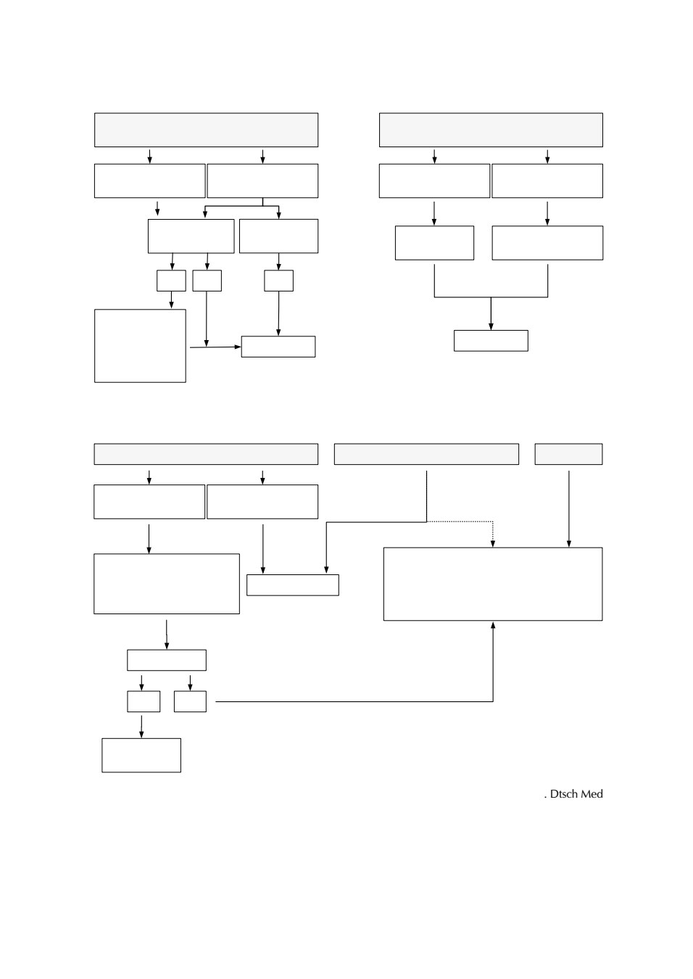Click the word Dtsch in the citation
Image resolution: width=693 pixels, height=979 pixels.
pos(563,794)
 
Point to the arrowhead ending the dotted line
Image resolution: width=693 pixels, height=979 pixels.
pos(493,543)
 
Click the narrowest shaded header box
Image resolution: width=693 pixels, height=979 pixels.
pos(568,454)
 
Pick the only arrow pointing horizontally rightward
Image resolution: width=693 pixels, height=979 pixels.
pos(215,347)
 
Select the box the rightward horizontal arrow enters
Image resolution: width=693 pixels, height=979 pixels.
pos(278,347)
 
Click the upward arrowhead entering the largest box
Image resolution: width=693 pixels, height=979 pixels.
pos(493,625)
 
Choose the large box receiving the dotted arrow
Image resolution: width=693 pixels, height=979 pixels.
pos(493,584)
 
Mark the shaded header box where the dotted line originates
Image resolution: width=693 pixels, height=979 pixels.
pos(426,454)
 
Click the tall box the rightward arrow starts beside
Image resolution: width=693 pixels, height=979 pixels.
pos(140,346)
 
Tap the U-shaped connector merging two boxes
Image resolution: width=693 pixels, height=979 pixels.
pos(491,297)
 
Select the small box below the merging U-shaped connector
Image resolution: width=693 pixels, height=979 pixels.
pos(491,340)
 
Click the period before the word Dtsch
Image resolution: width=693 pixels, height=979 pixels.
pos(545,798)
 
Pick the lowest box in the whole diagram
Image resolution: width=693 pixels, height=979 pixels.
pos(141,755)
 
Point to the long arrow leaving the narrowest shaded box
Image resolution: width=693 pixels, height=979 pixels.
pos(569,509)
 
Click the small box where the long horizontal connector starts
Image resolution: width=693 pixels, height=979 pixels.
pos(190,701)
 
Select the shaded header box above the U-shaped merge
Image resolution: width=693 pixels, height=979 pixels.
pos(491,130)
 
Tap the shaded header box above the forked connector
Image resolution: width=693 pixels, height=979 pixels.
pos(207,130)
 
